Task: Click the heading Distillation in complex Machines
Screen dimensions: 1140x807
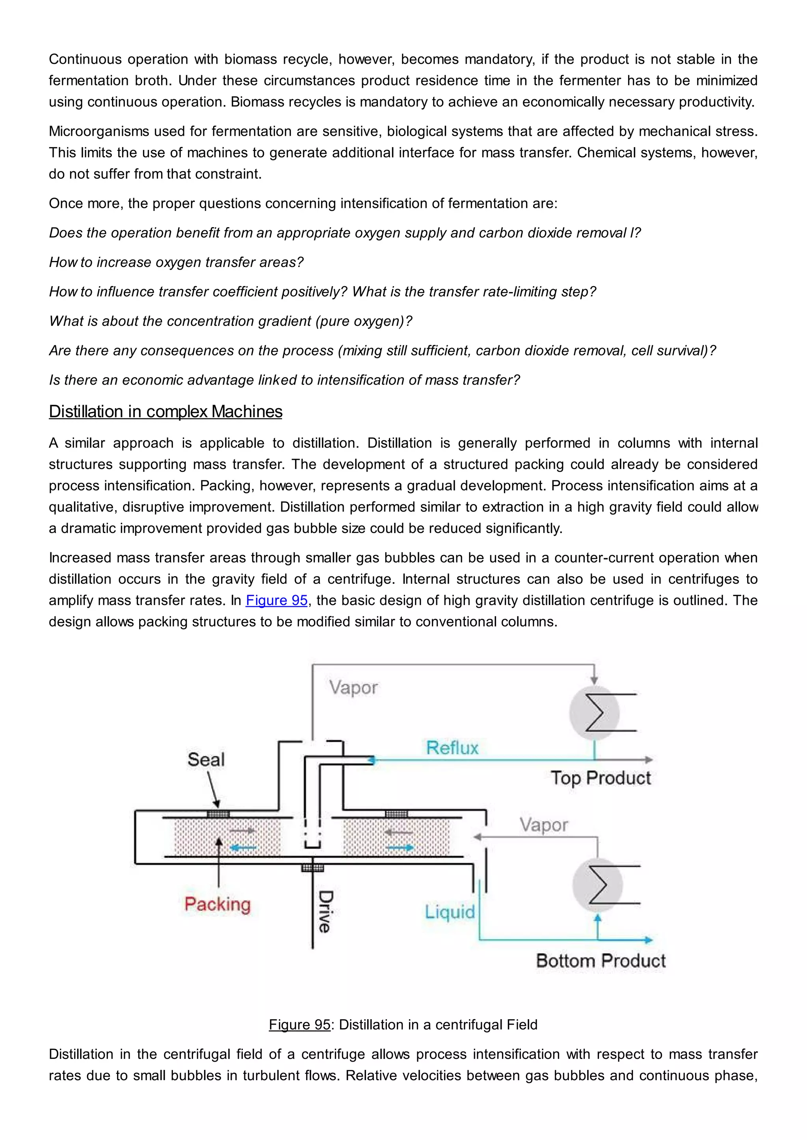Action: click(x=165, y=412)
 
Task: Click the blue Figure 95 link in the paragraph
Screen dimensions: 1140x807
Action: click(x=276, y=600)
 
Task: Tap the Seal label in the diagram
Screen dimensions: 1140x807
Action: click(x=206, y=760)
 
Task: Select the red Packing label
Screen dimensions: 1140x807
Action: click(x=217, y=904)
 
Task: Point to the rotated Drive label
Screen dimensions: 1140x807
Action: click(x=325, y=912)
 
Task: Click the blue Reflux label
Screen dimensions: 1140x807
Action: click(x=452, y=748)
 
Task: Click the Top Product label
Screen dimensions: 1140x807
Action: click(x=600, y=778)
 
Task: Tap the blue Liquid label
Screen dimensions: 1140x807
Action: click(x=449, y=912)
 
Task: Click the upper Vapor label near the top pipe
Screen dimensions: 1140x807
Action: click(x=353, y=688)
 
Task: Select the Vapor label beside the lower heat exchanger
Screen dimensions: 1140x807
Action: click(x=544, y=825)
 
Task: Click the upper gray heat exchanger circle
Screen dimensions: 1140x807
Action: click(x=594, y=712)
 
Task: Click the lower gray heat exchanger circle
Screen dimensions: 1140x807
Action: click(x=597, y=885)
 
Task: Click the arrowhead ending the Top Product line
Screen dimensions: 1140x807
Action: click(x=649, y=760)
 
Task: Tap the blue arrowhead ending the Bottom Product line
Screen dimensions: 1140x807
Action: click(x=649, y=939)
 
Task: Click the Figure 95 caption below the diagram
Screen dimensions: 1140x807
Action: click(x=403, y=1024)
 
